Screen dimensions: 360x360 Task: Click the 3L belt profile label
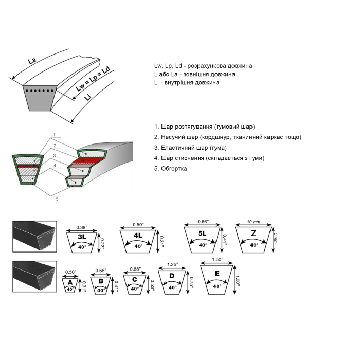click(x=82, y=237)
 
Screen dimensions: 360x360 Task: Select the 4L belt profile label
click(x=137, y=235)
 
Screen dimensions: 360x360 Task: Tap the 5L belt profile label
click(x=202, y=233)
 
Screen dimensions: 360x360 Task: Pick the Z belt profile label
click(x=254, y=233)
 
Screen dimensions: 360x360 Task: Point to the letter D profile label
click(x=172, y=276)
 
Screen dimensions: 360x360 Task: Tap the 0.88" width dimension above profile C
click(x=134, y=269)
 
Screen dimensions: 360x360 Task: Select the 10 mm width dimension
click(x=254, y=222)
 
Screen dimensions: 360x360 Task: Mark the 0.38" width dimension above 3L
click(x=82, y=227)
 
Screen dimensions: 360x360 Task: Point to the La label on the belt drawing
click(x=32, y=61)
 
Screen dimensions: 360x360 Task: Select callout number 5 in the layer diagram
click(x=57, y=199)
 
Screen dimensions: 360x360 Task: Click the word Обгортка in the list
click(x=174, y=169)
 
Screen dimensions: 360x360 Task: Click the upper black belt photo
click(x=35, y=236)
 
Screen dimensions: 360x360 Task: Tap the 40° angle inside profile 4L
click(x=138, y=246)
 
